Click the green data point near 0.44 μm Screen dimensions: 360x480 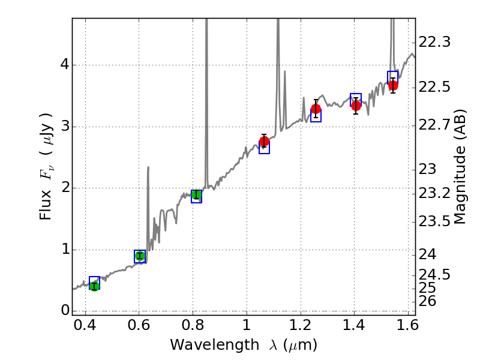[x=94, y=286]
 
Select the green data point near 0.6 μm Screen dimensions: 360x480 [x=140, y=256]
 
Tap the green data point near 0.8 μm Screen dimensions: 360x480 [x=196, y=194]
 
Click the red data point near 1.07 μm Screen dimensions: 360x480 [x=264, y=142]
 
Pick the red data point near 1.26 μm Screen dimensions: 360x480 [x=316, y=109]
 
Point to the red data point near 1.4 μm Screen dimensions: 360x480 [x=356, y=106]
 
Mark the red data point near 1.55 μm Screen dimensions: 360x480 [x=393, y=85]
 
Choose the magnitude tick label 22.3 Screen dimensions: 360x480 [x=434, y=42]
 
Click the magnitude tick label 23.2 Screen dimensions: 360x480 [x=434, y=193]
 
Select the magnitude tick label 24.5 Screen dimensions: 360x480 [x=434, y=274]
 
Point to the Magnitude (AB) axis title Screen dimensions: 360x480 [x=460, y=167]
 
